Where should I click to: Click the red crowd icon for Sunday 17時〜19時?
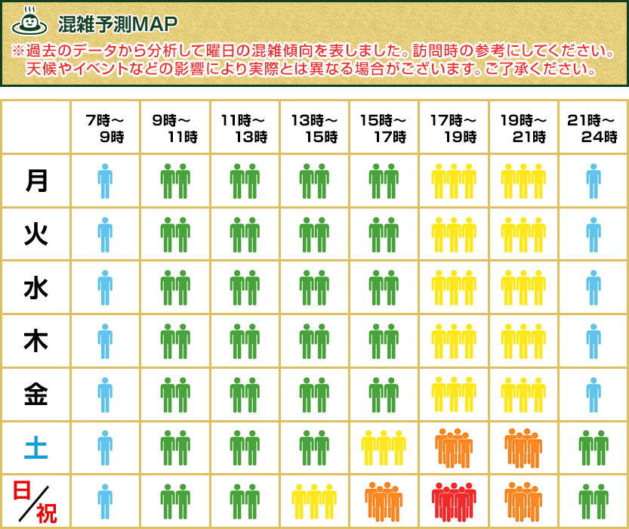coord(454,500)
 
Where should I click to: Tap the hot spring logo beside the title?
coord(29,20)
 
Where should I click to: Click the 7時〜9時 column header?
coord(106,128)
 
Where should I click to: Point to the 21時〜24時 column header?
coord(594,128)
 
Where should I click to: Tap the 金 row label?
coord(35,394)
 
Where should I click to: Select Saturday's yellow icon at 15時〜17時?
coord(384,447)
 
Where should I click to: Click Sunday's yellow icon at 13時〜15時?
coord(314,500)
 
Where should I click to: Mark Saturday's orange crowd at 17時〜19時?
coord(454,447)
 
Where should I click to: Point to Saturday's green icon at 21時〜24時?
coord(594,447)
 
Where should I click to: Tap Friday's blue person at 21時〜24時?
coord(594,394)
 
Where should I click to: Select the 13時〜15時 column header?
coord(314,128)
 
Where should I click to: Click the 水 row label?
coord(35,288)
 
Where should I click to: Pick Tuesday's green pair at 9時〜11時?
coord(175,234)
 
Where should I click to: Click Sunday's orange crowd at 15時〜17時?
coord(384,500)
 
